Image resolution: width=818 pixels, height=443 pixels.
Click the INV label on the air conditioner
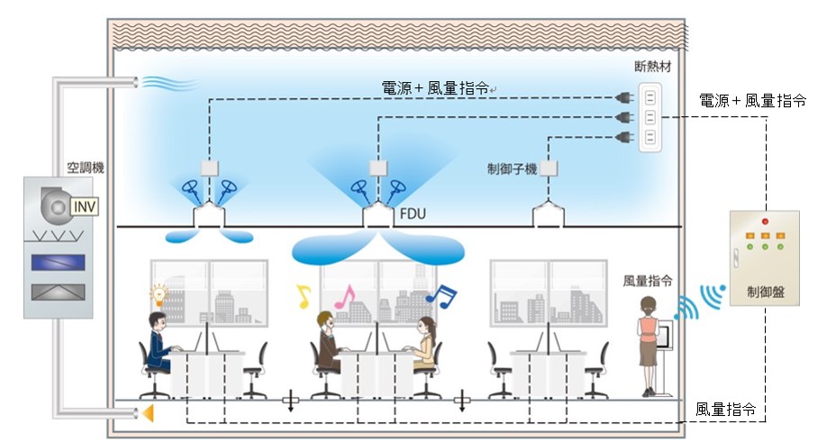(x=85, y=208)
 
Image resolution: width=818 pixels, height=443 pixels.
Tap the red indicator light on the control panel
(x=765, y=221)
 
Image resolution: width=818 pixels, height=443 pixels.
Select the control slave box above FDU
(x=378, y=167)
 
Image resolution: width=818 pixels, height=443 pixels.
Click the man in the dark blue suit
(x=159, y=347)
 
